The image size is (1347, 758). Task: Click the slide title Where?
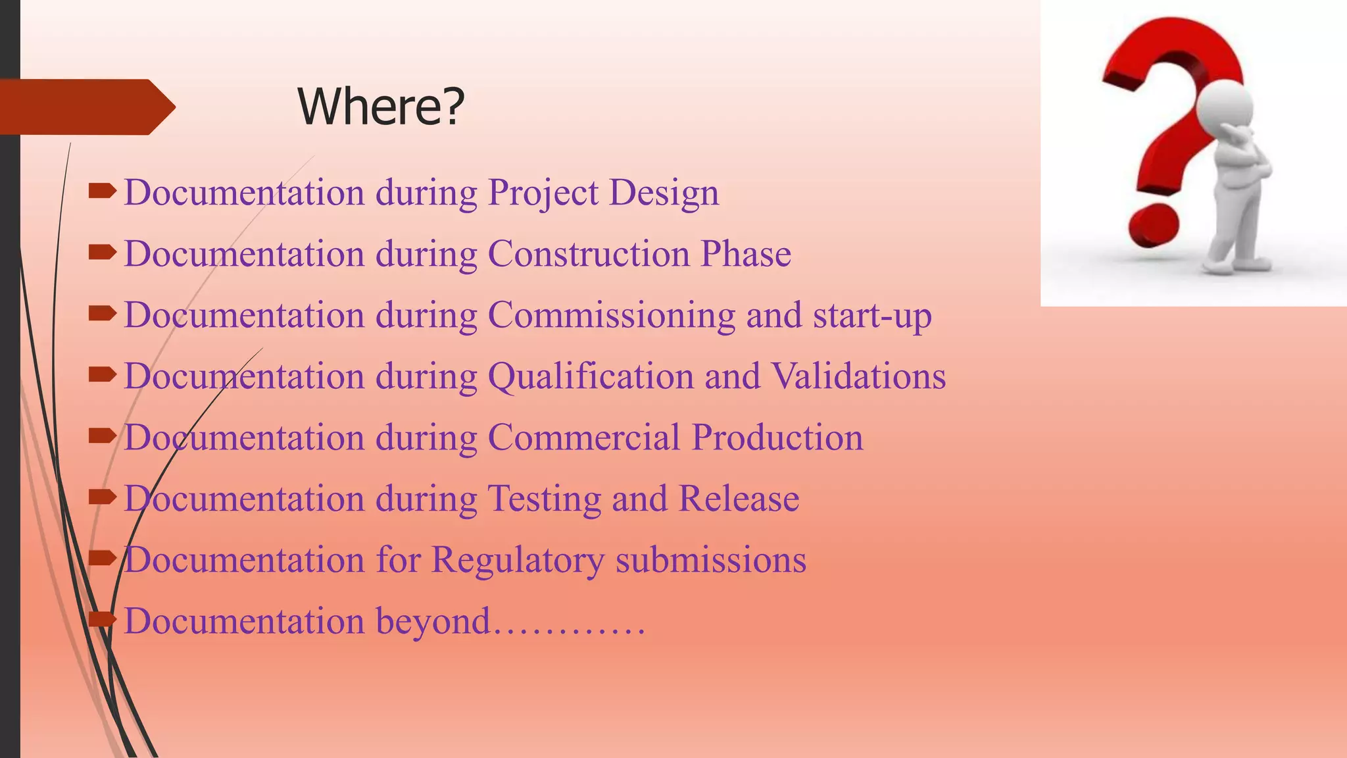pyautogui.click(x=381, y=107)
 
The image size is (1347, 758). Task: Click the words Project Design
pyautogui.click(x=603, y=193)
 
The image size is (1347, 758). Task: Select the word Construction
pyautogui.click(x=588, y=254)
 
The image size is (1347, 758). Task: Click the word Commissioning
pyautogui.click(x=611, y=315)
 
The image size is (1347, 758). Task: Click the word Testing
pyautogui.click(x=544, y=499)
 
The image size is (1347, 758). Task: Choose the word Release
pyautogui.click(x=739, y=499)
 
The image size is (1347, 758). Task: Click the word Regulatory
pyautogui.click(x=517, y=561)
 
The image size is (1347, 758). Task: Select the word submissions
pyautogui.click(x=710, y=561)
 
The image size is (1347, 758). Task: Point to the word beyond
pyautogui.click(x=433, y=622)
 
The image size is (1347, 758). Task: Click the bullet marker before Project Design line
pyautogui.click(x=102, y=191)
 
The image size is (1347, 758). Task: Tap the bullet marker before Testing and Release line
pyautogui.click(x=102, y=497)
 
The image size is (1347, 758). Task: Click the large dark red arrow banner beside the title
pyautogui.click(x=86, y=107)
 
